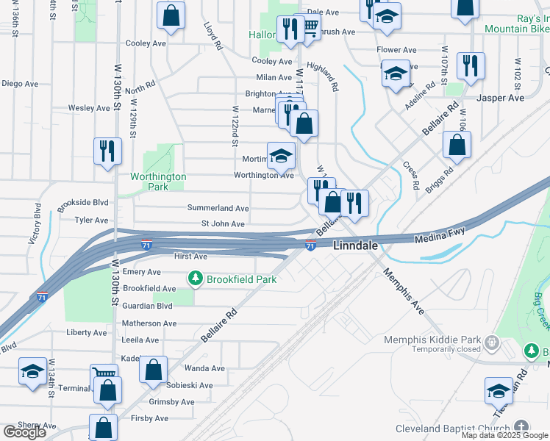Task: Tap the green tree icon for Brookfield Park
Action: click(x=195, y=279)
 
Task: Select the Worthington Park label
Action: click(x=158, y=182)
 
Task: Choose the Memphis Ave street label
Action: click(x=403, y=292)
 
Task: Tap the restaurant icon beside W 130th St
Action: click(x=108, y=151)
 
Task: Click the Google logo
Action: click(x=24, y=432)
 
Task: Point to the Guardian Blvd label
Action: click(x=148, y=306)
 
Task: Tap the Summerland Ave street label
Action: click(x=218, y=209)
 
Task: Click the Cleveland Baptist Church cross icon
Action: click(x=521, y=427)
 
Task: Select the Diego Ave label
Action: click(x=20, y=84)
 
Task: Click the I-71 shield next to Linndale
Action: click(x=310, y=245)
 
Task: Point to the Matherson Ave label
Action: click(x=149, y=323)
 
